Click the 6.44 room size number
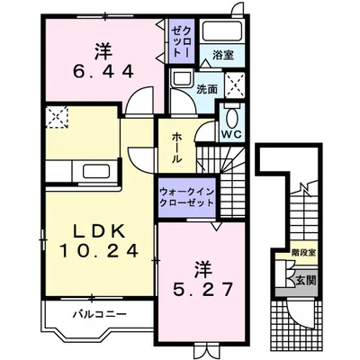(x=103, y=71)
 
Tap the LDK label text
(x=99, y=232)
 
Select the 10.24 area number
(x=99, y=250)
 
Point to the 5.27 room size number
(x=202, y=289)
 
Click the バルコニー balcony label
(x=100, y=315)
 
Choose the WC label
(x=231, y=134)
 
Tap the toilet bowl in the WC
(x=231, y=119)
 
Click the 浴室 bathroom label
(x=223, y=55)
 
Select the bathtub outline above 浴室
(x=222, y=31)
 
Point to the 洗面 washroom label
(x=207, y=89)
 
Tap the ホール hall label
(x=177, y=148)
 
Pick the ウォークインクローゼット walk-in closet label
(x=187, y=197)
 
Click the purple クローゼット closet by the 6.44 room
(x=182, y=41)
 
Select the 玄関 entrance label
(x=306, y=281)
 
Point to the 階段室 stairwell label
(x=303, y=253)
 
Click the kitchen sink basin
(x=95, y=172)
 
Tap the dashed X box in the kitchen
(x=57, y=117)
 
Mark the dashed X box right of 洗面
(x=235, y=85)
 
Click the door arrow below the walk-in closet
(x=216, y=226)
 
